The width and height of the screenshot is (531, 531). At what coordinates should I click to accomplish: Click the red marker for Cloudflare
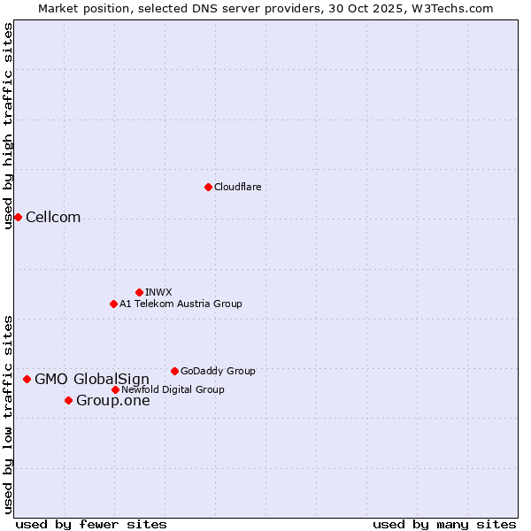[208, 187]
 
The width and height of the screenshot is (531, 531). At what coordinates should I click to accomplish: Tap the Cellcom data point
[18, 218]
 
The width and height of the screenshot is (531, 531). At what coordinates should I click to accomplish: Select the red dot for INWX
[139, 292]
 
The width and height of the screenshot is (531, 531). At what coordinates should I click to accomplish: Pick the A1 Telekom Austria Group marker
[113, 304]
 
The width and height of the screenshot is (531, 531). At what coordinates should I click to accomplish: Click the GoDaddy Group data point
[174, 371]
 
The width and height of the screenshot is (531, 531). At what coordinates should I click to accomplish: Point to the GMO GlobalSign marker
[27, 379]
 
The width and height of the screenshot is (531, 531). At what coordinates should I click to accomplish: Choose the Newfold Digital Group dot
[115, 389]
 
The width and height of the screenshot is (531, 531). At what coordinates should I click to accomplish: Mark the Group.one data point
[68, 401]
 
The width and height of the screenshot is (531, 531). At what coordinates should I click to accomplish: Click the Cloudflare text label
[237, 187]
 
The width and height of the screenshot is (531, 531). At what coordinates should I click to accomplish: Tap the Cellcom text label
[53, 218]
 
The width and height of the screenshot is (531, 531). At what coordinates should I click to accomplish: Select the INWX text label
[158, 292]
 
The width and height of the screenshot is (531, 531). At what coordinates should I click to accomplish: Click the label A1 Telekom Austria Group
[181, 304]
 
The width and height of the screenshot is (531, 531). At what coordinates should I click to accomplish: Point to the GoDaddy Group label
[218, 371]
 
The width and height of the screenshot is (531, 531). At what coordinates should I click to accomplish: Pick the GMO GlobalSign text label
[92, 380]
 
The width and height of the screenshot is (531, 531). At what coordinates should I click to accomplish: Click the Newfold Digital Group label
[173, 389]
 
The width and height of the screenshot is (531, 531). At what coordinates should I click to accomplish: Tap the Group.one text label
[113, 401]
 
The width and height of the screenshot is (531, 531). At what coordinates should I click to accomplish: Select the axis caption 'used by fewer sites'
[91, 524]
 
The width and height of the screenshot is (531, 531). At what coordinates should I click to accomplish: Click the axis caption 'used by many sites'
[444, 524]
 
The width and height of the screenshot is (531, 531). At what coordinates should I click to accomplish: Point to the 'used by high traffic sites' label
[8, 127]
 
